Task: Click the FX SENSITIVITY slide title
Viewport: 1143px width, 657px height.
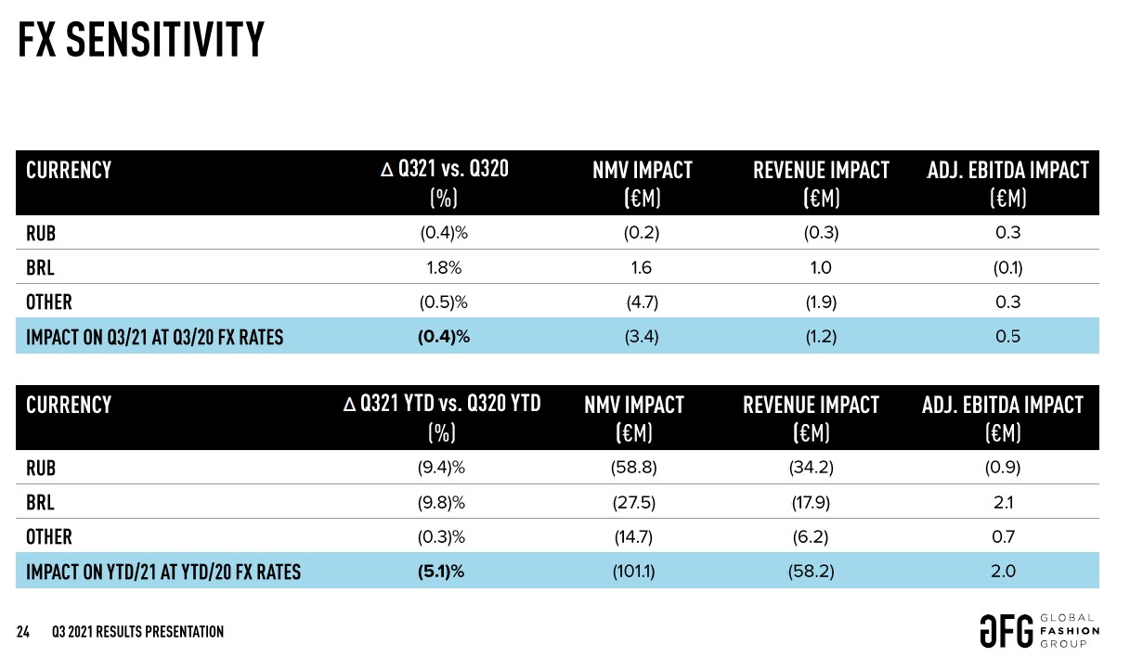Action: tap(142, 40)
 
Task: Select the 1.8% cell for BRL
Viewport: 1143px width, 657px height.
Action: tap(441, 268)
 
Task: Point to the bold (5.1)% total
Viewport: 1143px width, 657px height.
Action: tap(441, 572)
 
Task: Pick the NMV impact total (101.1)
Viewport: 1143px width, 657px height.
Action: tap(634, 572)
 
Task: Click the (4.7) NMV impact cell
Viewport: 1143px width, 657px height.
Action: tap(642, 302)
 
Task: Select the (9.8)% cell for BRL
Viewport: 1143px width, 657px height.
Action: tap(441, 503)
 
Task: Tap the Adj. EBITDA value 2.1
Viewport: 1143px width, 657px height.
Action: tap(1003, 503)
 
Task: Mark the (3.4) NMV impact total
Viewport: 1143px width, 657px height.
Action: tap(642, 336)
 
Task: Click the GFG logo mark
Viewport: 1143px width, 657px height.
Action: tap(1006, 631)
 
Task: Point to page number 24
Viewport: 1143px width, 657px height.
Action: tap(24, 632)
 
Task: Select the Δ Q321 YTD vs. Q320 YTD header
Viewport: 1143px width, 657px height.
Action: tap(442, 405)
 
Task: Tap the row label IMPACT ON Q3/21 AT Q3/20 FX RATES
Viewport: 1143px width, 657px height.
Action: tap(154, 337)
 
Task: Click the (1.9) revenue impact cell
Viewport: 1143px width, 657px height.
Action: tap(821, 302)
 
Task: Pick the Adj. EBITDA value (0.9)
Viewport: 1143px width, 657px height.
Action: tap(1003, 468)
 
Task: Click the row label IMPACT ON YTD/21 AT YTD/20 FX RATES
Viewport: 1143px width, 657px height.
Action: tap(163, 572)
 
